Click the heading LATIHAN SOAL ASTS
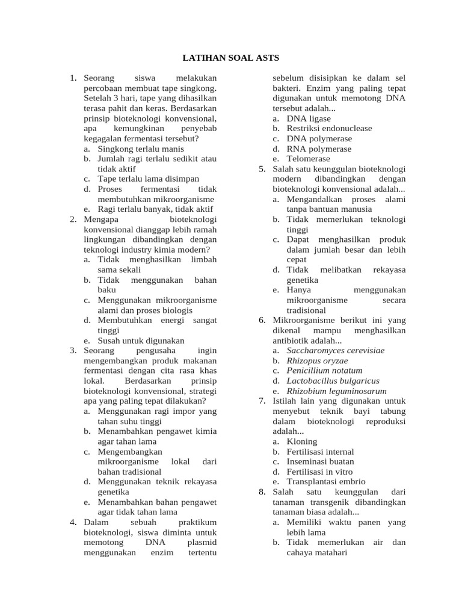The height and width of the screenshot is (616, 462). tap(231, 58)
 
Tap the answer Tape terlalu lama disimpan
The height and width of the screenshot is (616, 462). tap(148, 179)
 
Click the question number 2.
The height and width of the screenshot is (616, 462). tap(73, 219)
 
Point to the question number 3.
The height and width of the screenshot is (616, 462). tap(73, 350)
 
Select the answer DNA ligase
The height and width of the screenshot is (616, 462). tap(309, 119)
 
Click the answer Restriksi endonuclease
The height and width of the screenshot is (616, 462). tap(329, 129)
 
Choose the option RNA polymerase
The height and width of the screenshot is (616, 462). tap(319, 149)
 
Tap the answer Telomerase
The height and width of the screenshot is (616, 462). tap(308, 159)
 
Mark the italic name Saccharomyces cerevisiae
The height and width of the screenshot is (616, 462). tap(335, 350)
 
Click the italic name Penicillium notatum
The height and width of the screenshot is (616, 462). tap(324, 371)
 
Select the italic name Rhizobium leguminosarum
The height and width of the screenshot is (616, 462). tap(336, 390)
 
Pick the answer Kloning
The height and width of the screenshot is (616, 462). tap(301, 441)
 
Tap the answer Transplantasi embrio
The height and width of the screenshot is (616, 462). tap(325, 481)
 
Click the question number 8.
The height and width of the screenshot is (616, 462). tap(262, 491)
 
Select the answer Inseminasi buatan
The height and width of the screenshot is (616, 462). tap(319, 461)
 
